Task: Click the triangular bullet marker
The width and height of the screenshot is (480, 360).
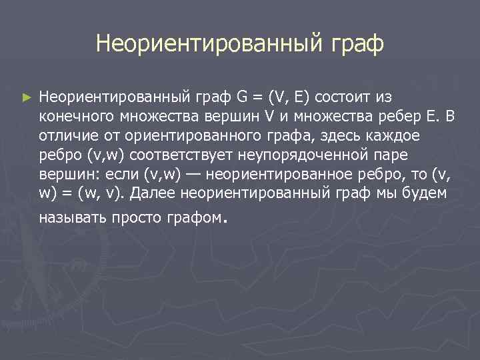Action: (x=26, y=97)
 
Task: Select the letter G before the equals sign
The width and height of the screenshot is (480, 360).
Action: (x=241, y=97)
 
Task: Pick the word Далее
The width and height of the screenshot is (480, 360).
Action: (x=152, y=193)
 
